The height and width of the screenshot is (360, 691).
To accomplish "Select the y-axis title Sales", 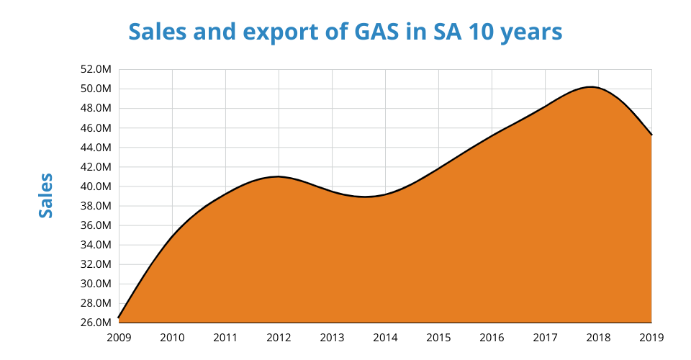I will coord(46,195).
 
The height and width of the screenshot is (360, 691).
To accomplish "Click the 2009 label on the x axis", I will coord(119,336).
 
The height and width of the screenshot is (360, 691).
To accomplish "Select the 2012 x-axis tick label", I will coord(279,336).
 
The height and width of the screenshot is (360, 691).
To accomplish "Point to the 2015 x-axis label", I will coord(438,336).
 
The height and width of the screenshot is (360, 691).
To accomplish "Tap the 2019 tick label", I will coord(651,336).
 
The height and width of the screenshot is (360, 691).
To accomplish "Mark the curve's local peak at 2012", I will coord(279,176).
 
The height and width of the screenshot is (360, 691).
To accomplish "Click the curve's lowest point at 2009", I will coord(119,317).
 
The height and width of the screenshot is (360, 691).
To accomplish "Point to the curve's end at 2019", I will coord(651,135).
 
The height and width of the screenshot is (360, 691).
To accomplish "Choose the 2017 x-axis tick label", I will coord(545,336).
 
